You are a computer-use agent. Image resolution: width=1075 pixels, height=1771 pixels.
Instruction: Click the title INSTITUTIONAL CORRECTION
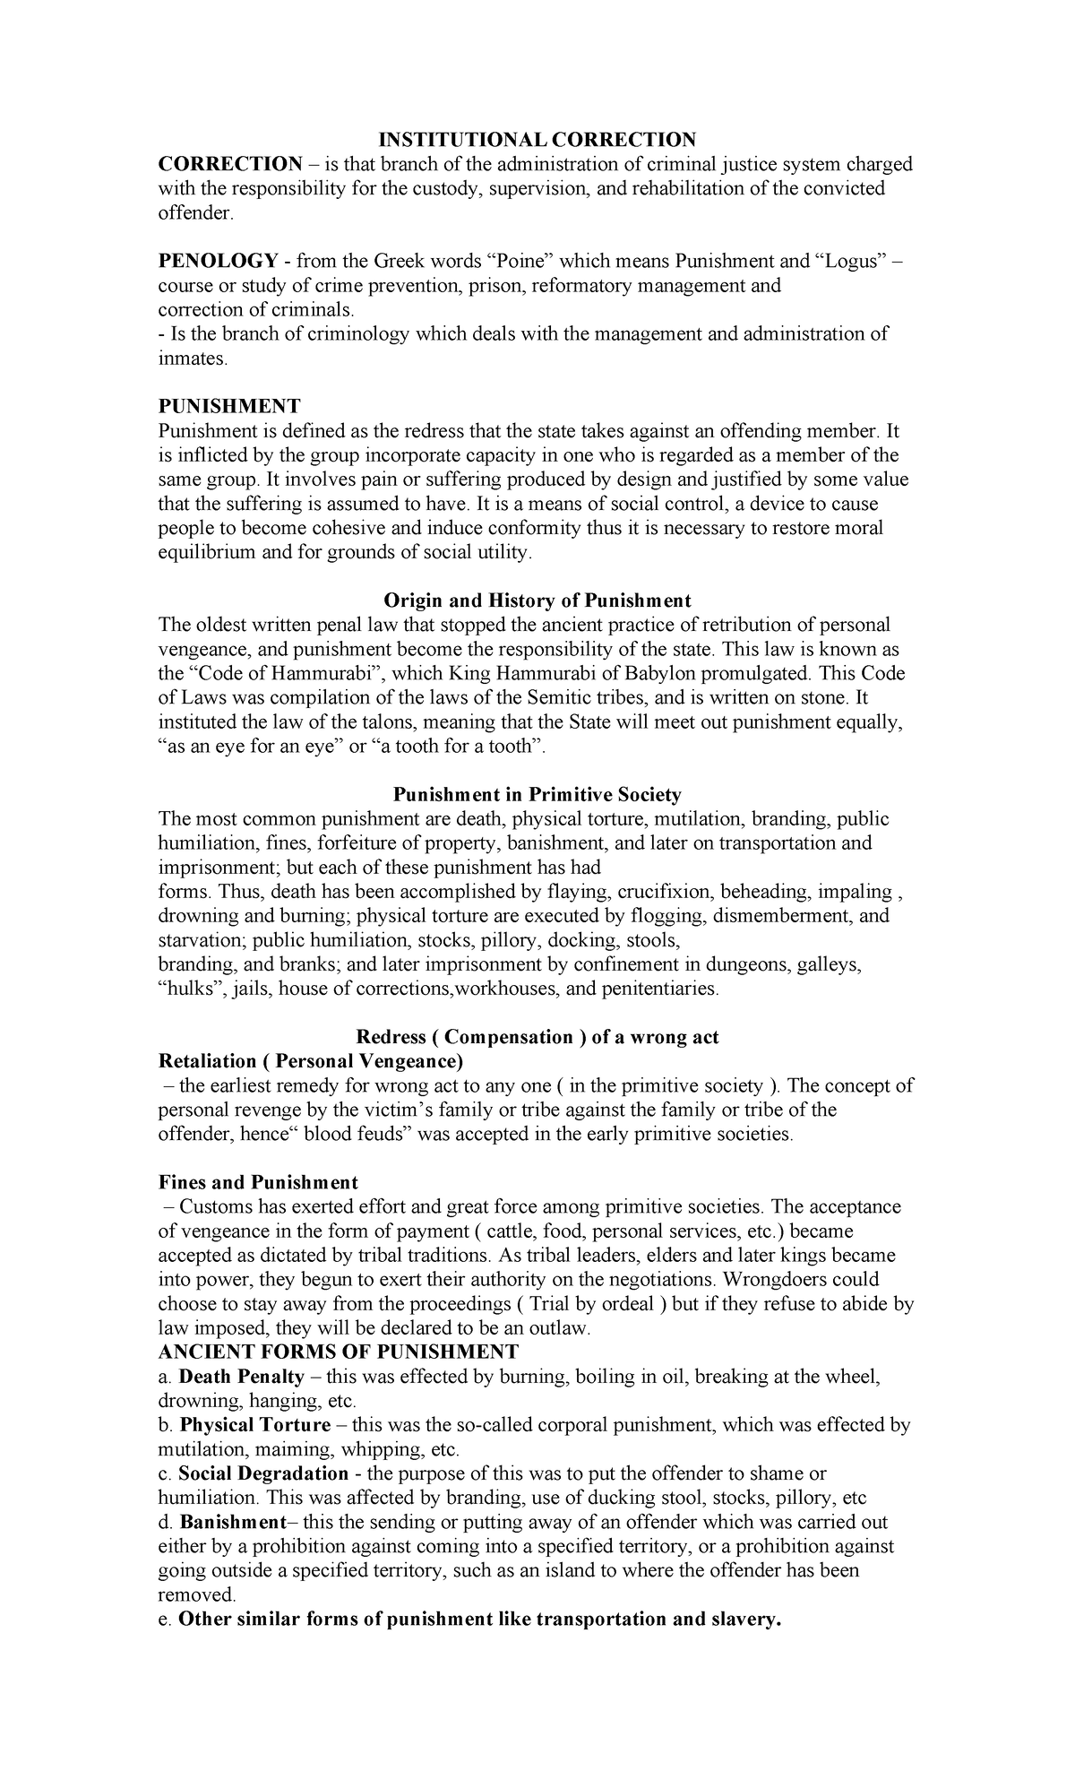(536, 139)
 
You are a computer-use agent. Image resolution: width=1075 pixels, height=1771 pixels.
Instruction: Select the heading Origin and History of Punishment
(537, 600)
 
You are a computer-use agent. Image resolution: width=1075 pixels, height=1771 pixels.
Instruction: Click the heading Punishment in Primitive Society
(537, 794)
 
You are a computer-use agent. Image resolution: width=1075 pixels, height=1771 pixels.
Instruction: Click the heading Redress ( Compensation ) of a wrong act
(537, 1037)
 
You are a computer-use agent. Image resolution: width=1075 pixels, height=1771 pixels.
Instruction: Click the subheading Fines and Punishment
(258, 1182)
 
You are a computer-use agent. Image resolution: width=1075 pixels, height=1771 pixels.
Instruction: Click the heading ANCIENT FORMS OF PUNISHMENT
(338, 1352)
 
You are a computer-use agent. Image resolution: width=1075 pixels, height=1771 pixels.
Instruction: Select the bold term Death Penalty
(230, 1376)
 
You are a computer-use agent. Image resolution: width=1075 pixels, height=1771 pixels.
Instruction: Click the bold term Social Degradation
(263, 1473)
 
